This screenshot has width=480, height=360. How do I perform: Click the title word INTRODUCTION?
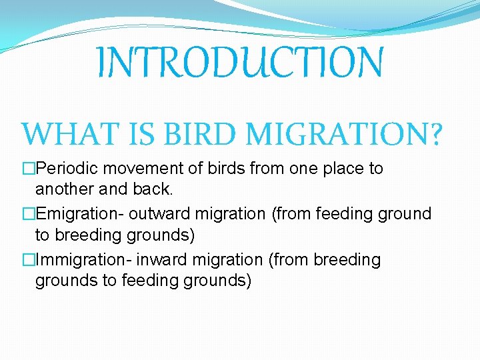pos(239,63)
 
